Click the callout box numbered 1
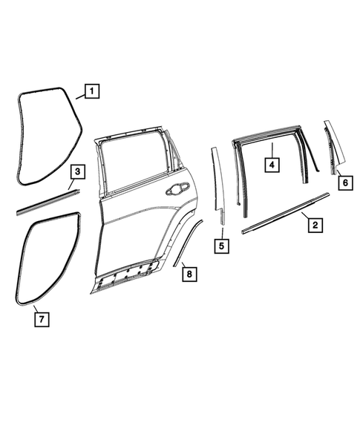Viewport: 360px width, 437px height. pyautogui.click(x=91, y=92)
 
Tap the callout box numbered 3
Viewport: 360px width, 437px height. pyautogui.click(x=78, y=173)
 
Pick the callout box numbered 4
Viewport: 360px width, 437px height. pyautogui.click(x=272, y=164)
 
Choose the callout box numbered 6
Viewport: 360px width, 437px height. pyautogui.click(x=344, y=180)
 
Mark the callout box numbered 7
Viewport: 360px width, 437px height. pyautogui.click(x=42, y=319)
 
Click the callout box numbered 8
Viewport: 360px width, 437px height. pyautogui.click(x=189, y=274)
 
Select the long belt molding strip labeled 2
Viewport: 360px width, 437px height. pyautogui.click(x=286, y=213)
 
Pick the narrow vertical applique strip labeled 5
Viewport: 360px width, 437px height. pyautogui.click(x=217, y=185)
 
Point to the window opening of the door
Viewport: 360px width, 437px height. pyautogui.click(x=134, y=168)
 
